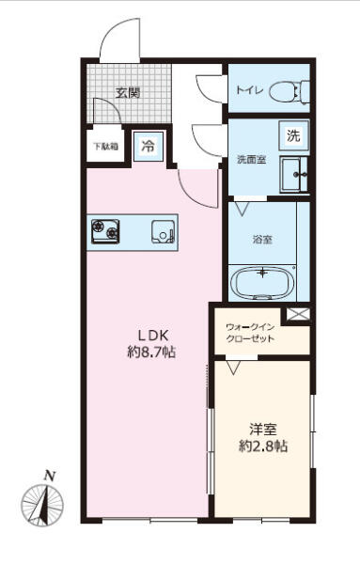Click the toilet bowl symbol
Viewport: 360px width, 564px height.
click(290, 91)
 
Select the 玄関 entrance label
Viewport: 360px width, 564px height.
click(128, 93)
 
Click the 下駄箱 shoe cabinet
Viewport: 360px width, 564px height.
click(105, 146)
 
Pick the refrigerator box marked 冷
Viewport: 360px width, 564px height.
click(149, 146)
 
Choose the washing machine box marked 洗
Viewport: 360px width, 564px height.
click(294, 135)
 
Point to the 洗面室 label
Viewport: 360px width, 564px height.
click(251, 160)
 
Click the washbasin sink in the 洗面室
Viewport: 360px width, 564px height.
click(294, 175)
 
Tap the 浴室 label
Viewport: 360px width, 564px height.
click(262, 240)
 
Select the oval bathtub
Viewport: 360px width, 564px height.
click(263, 283)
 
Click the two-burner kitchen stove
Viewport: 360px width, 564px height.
click(105, 231)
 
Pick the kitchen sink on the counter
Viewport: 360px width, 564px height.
click(163, 231)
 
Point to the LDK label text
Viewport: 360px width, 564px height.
click(153, 336)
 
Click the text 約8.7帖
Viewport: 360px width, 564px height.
click(151, 352)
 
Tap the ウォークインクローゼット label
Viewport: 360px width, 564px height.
click(250, 333)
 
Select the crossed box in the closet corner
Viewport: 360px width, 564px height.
click(298, 314)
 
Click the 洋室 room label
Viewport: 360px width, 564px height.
click(263, 430)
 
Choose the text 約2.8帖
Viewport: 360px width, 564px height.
click(263, 446)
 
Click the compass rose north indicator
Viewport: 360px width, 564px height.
click(42, 505)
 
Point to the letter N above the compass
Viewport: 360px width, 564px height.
click(49, 477)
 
